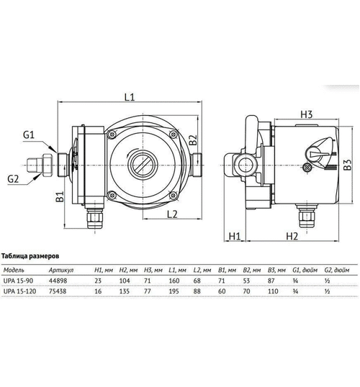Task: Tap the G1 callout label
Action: pyautogui.click(x=29, y=135)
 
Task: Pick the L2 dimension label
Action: pyautogui.click(x=171, y=214)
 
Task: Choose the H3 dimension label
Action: pyautogui.click(x=305, y=115)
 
